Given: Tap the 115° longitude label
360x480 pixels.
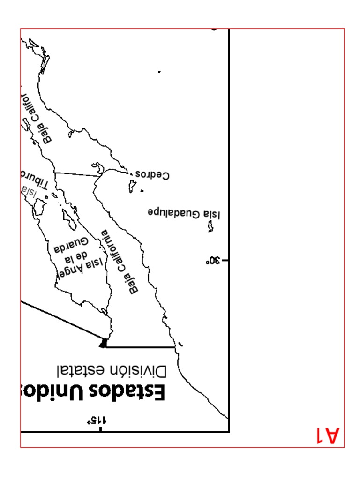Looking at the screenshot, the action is (96, 420).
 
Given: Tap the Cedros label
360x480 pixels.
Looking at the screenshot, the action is (152, 175).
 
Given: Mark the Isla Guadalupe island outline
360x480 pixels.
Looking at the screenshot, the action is (211, 226).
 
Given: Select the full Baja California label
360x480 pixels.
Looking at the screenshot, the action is (120, 262).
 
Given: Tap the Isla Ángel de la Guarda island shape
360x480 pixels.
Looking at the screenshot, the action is (70, 219).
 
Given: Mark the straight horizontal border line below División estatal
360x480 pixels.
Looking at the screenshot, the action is (141, 347).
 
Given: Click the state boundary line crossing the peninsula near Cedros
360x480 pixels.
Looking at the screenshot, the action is (77, 174).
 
